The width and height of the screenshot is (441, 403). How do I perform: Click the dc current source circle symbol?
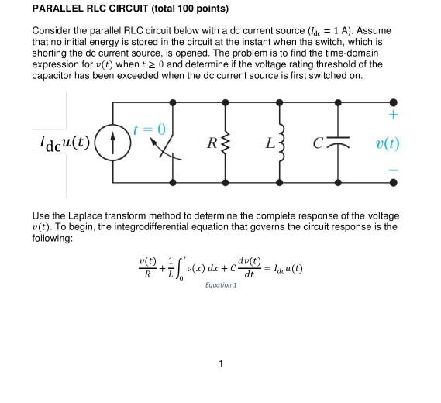point(112,143)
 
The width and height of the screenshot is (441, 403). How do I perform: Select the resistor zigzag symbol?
point(226,143)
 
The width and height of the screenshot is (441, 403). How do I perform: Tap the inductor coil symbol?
point(282,143)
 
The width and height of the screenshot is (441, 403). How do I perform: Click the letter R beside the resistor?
point(211,143)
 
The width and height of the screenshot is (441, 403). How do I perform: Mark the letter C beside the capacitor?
point(320,143)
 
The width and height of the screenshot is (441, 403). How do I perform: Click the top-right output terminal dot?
point(394,102)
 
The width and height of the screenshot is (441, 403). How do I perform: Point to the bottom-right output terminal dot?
point(394,184)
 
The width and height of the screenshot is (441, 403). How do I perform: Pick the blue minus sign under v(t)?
point(394,167)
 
